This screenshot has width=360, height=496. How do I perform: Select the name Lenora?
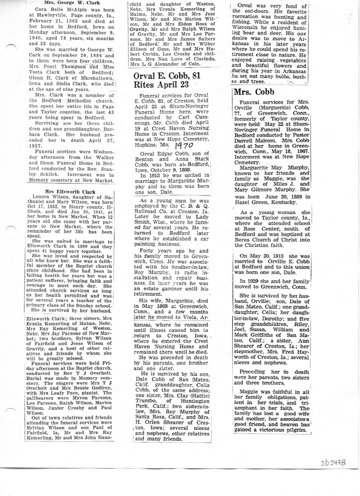(42, 197)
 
